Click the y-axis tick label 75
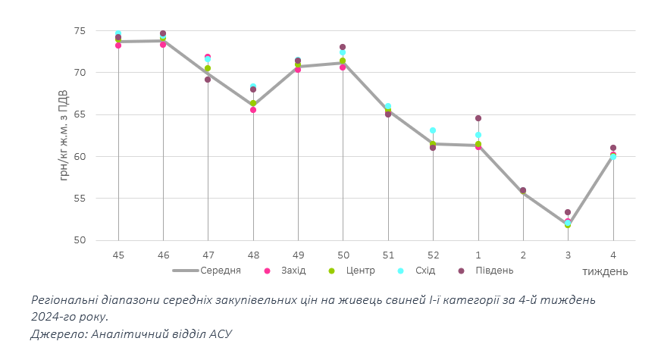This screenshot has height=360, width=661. [80, 31]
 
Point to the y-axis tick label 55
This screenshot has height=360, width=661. [80, 199]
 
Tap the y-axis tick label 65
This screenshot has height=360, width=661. [80, 115]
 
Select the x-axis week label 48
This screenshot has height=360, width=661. [253, 255]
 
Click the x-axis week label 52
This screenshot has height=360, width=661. [433, 255]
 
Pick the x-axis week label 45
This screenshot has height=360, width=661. [118, 255]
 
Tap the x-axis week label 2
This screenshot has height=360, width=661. [523, 255]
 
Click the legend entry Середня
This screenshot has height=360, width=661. [221, 271]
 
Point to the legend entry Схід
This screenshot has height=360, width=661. [424, 271]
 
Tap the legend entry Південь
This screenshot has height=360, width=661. [493, 271]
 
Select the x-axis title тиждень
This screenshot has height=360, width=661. [604, 271]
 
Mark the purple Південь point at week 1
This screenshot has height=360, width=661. [478, 118]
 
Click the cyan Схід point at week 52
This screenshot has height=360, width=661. [433, 130]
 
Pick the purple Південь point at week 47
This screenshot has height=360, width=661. [208, 80]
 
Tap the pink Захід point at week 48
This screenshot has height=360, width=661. [253, 110]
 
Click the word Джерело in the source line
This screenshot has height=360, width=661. [57, 333]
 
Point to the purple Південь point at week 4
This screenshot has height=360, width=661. [613, 148]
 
